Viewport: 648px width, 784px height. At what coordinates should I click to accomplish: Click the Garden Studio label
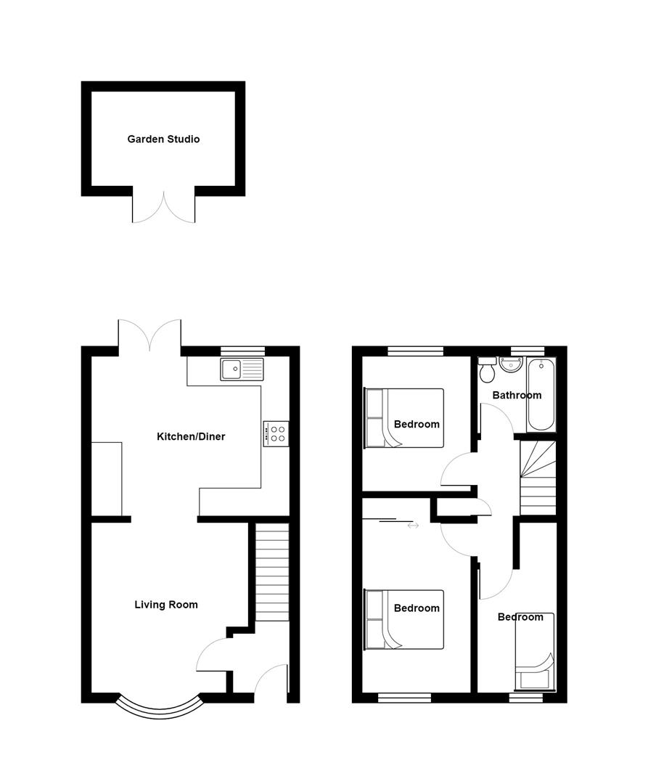[x=163, y=139]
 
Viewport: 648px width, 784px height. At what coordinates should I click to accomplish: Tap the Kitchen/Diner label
[x=191, y=437]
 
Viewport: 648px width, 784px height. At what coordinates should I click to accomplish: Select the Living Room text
[x=166, y=604]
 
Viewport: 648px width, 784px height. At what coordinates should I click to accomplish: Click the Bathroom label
[x=517, y=396]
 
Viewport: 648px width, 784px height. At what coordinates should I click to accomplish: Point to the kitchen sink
[x=242, y=370]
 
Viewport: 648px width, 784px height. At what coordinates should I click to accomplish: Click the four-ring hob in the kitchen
[x=276, y=434]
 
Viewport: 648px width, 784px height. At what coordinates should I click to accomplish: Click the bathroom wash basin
[x=511, y=364]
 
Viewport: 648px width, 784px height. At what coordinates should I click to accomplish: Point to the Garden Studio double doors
[x=164, y=206]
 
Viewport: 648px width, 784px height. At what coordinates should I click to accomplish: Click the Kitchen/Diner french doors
[x=149, y=334]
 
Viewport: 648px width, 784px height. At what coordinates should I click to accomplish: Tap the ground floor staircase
[x=272, y=573]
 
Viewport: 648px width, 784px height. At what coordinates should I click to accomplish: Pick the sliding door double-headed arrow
[x=413, y=525]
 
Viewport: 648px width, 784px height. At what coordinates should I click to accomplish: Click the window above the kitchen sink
[x=243, y=351]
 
